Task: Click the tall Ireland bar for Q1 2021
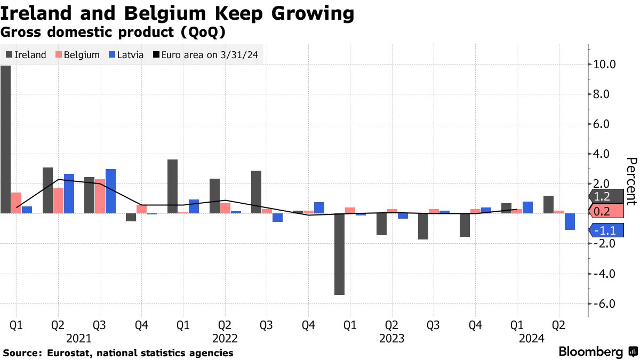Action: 5,139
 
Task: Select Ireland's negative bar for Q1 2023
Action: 339,254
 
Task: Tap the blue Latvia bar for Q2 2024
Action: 570,221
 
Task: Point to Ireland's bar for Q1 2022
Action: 172,186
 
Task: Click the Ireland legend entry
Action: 26,55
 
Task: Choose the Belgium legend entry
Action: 78,55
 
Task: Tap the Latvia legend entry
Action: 126,55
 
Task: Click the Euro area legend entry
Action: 207,55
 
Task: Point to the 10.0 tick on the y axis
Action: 604,65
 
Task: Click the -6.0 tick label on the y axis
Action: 604,304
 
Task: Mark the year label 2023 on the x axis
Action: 391,338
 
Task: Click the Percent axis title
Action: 631,181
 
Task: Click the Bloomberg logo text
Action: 590,352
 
